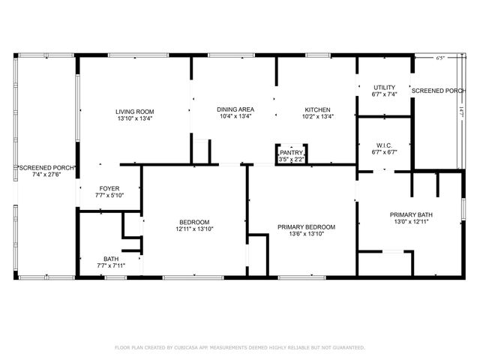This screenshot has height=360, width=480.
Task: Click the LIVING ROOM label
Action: tap(134, 111)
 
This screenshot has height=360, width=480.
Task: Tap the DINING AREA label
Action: tap(234, 109)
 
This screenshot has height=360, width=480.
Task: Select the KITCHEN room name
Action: tap(317, 109)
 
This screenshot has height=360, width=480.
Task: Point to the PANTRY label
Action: tap(291, 152)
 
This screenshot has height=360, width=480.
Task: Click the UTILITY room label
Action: tap(384, 88)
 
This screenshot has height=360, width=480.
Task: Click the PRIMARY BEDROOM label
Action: tap(306, 227)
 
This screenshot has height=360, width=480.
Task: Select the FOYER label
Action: tap(109, 188)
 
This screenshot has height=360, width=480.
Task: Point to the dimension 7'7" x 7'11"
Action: tap(110, 265)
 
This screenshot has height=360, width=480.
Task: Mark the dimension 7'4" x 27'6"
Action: tap(46, 175)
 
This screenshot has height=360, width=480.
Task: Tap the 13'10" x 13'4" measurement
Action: tap(134, 118)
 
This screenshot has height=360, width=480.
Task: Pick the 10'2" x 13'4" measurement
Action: tap(317, 116)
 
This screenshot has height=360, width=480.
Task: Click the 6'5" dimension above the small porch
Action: tap(440, 58)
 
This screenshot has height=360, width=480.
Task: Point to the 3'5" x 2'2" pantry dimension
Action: tap(291, 159)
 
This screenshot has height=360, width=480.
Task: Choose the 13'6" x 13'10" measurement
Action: tap(306, 234)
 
